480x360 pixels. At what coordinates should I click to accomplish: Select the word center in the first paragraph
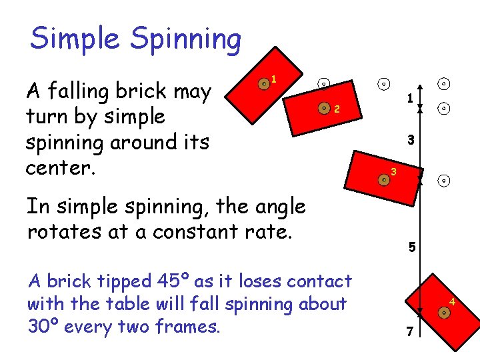(x=56, y=167)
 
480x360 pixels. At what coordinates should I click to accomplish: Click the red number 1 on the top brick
(x=274, y=79)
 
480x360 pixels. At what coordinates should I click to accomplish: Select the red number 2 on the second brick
(x=337, y=109)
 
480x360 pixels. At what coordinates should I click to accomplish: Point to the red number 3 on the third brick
(x=394, y=173)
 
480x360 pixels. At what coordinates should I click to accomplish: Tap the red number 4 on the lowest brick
(x=451, y=304)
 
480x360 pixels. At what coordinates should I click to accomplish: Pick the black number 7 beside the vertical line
(x=411, y=331)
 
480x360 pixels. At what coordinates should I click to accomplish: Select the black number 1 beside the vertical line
(x=410, y=98)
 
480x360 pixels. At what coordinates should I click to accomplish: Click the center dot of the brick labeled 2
(x=324, y=107)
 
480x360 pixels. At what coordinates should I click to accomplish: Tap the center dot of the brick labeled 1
(x=264, y=83)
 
